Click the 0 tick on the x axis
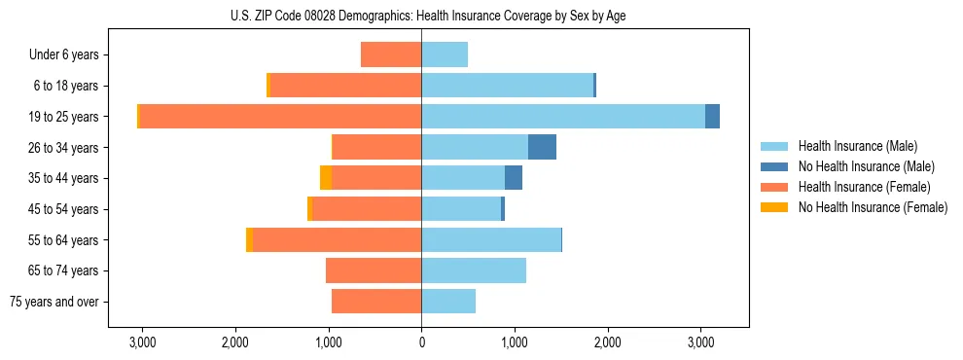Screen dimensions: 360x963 coord(421,342)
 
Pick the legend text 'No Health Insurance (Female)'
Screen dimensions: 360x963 coord(873,207)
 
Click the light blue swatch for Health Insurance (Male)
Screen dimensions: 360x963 coord(774,146)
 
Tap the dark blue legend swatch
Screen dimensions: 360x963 coord(774,166)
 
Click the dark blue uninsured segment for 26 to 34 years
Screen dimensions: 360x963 coord(542,147)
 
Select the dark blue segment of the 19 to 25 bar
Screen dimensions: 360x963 coord(712,117)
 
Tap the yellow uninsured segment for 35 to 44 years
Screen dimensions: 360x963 coord(326,178)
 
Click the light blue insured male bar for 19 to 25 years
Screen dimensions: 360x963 coord(563,117)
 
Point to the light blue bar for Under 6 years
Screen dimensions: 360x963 coord(445,55)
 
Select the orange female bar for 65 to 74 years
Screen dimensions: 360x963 coord(374,270)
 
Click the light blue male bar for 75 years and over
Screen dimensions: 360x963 coord(448,302)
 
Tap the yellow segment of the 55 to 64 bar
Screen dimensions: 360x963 coord(250,239)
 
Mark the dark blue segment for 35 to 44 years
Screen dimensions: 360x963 coord(514,178)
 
